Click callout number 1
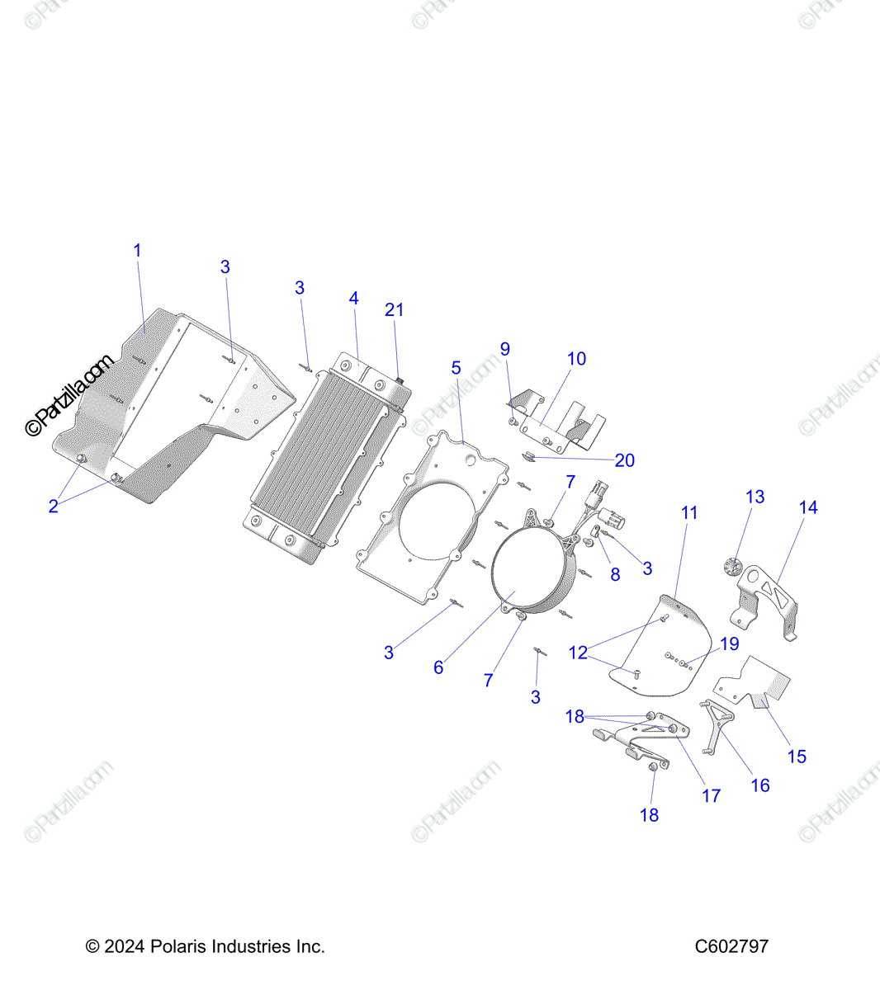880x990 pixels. point(137,250)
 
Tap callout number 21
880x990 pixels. point(394,310)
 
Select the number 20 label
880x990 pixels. point(624,460)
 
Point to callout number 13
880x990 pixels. point(755,497)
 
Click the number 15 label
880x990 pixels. point(797,757)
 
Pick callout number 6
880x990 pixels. point(438,667)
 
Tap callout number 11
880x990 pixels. point(688,513)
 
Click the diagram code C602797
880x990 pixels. point(731,946)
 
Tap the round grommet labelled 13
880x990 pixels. point(733,566)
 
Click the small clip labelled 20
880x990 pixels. point(530,456)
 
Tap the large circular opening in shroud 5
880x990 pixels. point(437,521)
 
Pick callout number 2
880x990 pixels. point(54,507)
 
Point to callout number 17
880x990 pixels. point(711,796)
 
